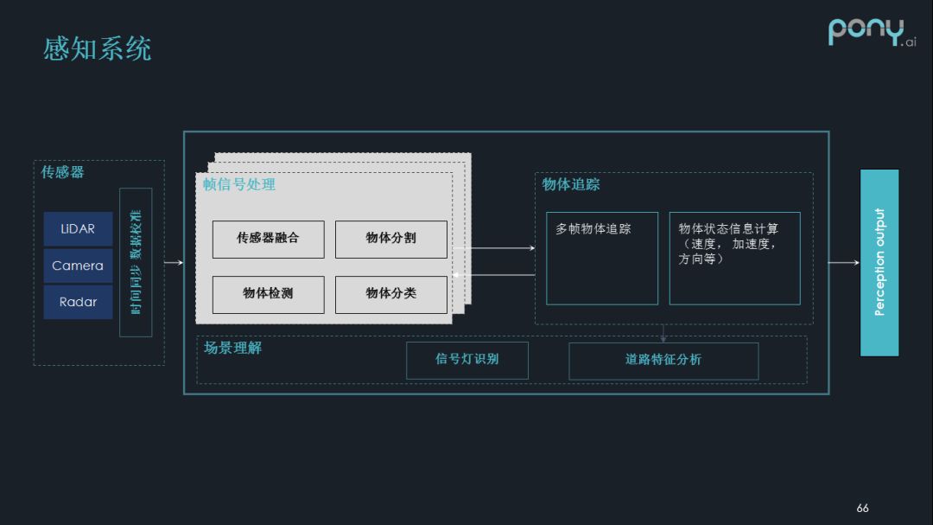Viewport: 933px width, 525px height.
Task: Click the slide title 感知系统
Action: [x=98, y=48]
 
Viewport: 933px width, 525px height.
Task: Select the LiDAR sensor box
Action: [x=78, y=229]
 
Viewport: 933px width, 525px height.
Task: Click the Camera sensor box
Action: [x=78, y=266]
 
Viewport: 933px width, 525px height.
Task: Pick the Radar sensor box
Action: [x=78, y=302]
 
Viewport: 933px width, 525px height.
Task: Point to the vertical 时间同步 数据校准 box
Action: [x=136, y=262]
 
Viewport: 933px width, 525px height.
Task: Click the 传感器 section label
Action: [x=63, y=172]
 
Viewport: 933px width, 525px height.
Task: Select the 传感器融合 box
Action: [x=268, y=239]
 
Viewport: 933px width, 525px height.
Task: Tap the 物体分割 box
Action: [x=390, y=239]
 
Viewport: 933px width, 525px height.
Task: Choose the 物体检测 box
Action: [x=268, y=294]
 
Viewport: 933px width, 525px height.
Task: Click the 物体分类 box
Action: [x=390, y=294]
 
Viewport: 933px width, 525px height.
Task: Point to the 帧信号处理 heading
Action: [x=239, y=184]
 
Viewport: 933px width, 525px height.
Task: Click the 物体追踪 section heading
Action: [x=571, y=184]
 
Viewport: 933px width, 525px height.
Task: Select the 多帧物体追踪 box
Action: [x=601, y=258]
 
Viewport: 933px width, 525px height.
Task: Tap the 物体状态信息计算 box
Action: [x=734, y=258]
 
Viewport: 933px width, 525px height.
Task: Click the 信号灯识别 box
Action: [x=466, y=360]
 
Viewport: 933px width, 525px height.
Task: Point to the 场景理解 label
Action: [x=232, y=348]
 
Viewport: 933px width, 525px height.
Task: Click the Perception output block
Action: [x=879, y=263]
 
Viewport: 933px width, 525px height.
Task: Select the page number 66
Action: [x=862, y=508]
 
